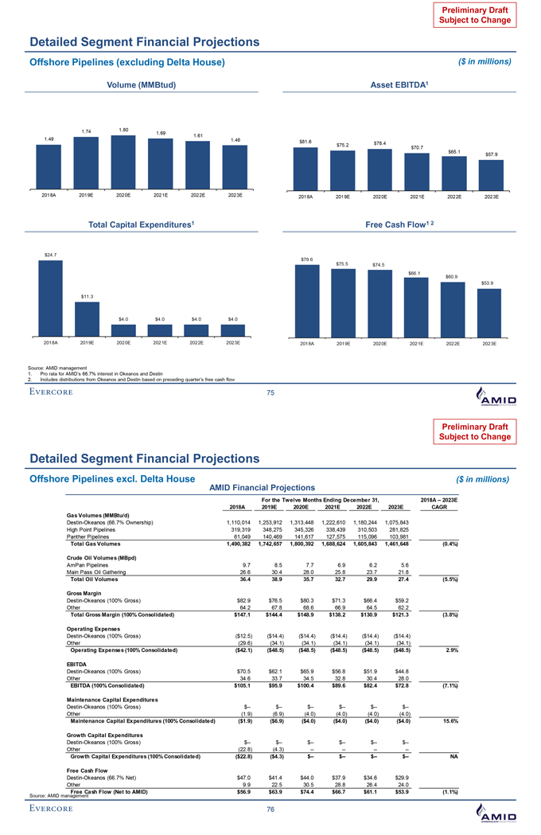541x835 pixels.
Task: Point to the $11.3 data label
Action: (87, 296)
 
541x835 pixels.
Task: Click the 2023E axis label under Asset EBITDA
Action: (489, 195)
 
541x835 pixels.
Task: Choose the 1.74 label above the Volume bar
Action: (86, 131)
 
